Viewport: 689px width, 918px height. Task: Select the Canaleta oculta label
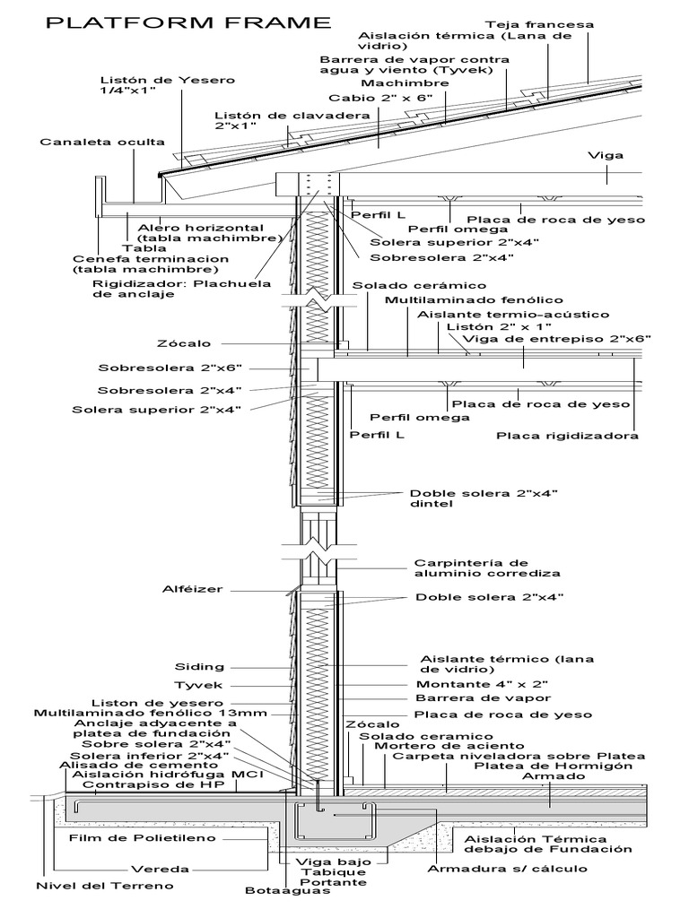[x=102, y=142]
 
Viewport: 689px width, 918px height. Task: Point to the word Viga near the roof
[x=606, y=155]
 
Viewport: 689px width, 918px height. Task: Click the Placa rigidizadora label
[x=567, y=437]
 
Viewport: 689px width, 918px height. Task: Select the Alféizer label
[x=192, y=589]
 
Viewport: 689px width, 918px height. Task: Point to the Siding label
[x=201, y=667]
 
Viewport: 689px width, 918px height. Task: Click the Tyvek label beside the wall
[x=198, y=685]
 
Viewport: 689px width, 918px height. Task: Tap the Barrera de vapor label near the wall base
[x=483, y=697]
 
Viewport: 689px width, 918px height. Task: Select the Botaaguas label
[x=281, y=891]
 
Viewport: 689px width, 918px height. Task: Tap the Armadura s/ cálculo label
[x=507, y=869]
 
